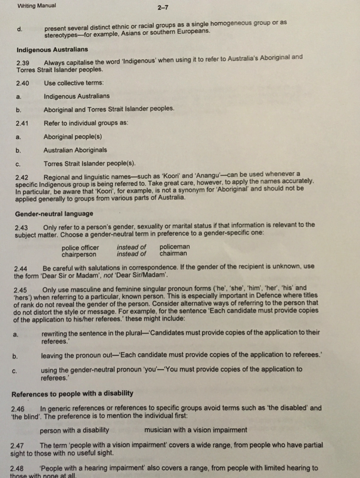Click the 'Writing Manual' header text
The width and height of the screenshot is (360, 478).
(x=36, y=6)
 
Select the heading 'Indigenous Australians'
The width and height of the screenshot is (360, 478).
(x=52, y=49)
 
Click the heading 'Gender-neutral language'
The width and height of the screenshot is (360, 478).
(x=54, y=214)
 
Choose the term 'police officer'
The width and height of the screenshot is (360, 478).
(x=80, y=247)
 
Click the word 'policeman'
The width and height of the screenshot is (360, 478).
(x=174, y=247)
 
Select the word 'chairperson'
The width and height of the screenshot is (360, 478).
(x=79, y=254)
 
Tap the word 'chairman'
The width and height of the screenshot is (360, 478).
(x=173, y=253)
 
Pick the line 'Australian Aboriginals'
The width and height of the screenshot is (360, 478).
(x=75, y=150)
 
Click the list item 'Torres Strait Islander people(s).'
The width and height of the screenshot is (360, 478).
(x=89, y=163)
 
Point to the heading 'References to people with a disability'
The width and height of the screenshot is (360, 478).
(x=72, y=393)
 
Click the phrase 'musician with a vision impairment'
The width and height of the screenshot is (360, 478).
(x=195, y=430)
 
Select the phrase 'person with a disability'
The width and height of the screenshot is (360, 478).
(x=75, y=430)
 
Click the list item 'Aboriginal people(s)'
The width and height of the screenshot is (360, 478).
(x=73, y=137)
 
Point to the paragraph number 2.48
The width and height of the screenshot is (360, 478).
(x=17, y=468)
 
